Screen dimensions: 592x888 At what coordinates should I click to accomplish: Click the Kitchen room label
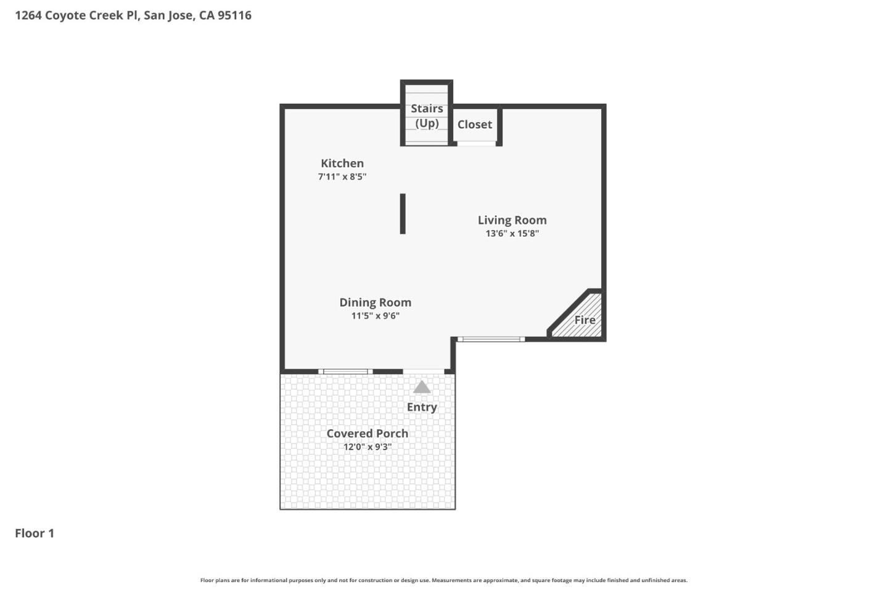pyautogui.click(x=342, y=163)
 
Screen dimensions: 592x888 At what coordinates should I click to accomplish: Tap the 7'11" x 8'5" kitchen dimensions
pyautogui.click(x=342, y=177)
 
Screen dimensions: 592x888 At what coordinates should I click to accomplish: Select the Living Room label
pyautogui.click(x=512, y=220)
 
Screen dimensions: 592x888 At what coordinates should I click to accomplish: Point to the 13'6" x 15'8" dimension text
pyautogui.click(x=512, y=234)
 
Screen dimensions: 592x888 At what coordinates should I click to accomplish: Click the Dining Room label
pyautogui.click(x=375, y=303)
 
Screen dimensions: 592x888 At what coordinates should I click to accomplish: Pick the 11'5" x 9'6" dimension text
pyautogui.click(x=375, y=316)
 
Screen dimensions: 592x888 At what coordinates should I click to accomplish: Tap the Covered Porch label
pyautogui.click(x=367, y=434)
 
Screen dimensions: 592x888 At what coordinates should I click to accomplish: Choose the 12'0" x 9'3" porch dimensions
pyautogui.click(x=367, y=447)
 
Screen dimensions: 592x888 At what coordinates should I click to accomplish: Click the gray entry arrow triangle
pyautogui.click(x=422, y=387)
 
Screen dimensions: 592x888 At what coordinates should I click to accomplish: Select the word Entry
pyautogui.click(x=422, y=407)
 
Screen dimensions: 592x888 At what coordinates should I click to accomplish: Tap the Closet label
pyautogui.click(x=474, y=125)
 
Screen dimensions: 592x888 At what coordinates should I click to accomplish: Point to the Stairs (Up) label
pyautogui.click(x=427, y=116)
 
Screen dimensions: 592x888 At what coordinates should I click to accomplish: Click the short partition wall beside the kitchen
pyautogui.click(x=403, y=214)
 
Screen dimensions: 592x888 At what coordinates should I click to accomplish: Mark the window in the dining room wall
pyautogui.click(x=345, y=371)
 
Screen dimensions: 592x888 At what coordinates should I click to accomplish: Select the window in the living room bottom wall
pyautogui.click(x=491, y=339)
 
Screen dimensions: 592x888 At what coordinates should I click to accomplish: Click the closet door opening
pyautogui.click(x=476, y=144)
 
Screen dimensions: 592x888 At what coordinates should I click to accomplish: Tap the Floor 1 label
pyautogui.click(x=35, y=533)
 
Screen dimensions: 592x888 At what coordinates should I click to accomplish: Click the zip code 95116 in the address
pyautogui.click(x=234, y=15)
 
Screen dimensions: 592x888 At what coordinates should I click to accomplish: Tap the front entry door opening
pyautogui.click(x=424, y=371)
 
